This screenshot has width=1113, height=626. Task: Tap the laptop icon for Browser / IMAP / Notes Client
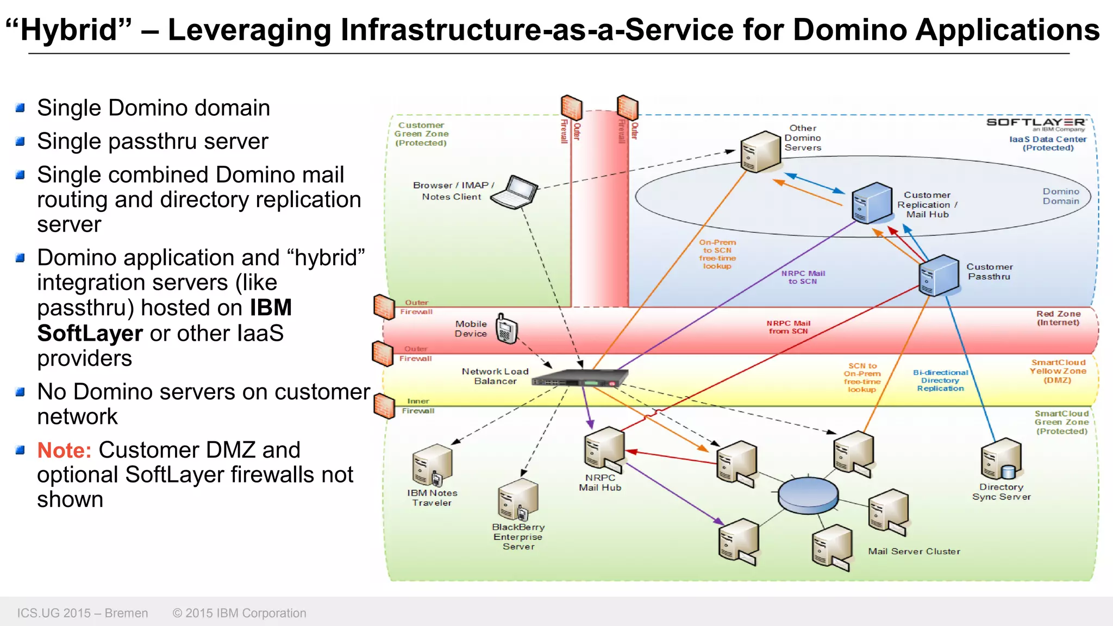(515, 192)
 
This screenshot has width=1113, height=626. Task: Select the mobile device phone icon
(507, 329)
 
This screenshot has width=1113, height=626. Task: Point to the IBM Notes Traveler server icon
(432, 465)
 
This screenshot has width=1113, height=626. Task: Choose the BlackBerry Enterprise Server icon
(518, 499)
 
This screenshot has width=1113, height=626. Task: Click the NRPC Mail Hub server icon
(604, 449)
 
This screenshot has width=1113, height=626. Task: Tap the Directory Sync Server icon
(1001, 459)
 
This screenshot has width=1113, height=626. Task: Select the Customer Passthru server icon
(939, 275)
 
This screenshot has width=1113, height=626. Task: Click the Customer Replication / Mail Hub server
(872, 203)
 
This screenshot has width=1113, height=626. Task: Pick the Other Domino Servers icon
(760, 152)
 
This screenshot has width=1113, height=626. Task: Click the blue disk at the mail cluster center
(808, 494)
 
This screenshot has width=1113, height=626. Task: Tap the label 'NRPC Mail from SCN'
(788, 327)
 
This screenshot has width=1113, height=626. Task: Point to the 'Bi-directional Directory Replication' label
(940, 380)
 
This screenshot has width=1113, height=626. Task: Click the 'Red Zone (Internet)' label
(1058, 318)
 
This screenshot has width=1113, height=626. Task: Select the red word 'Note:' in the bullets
(64, 450)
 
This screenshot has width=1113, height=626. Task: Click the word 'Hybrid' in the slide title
(69, 30)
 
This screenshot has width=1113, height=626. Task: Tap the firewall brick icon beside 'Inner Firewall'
(384, 406)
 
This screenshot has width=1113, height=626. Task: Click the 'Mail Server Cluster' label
(914, 551)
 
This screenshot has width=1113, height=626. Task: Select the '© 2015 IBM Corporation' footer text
(239, 613)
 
